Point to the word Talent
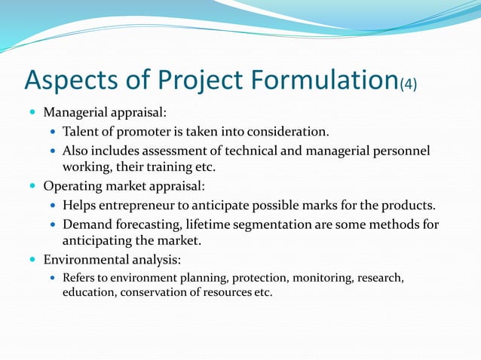pyautogui.click(x=81, y=133)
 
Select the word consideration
pyautogui.click(x=287, y=133)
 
